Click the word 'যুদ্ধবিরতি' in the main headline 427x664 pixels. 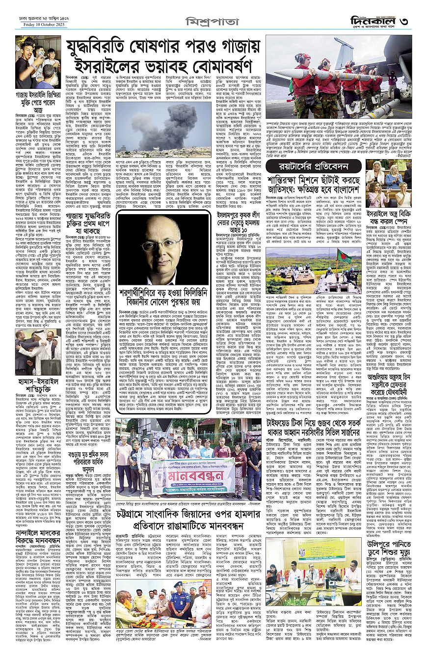pos(106,48)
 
